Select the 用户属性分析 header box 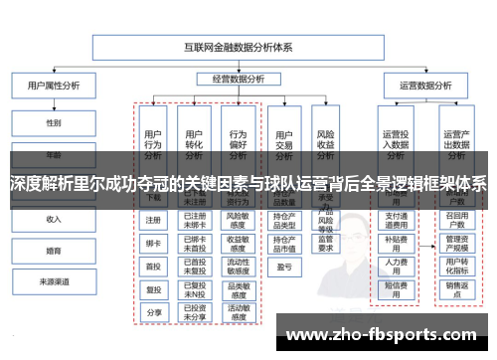53,86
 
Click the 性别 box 53,123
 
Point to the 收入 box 53,219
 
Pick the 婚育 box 53,251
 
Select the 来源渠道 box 53,282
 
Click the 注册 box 153,220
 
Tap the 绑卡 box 153,243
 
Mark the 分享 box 153,312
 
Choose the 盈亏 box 283,267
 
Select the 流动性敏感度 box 238,266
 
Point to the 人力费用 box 397,266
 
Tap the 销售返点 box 456,288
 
